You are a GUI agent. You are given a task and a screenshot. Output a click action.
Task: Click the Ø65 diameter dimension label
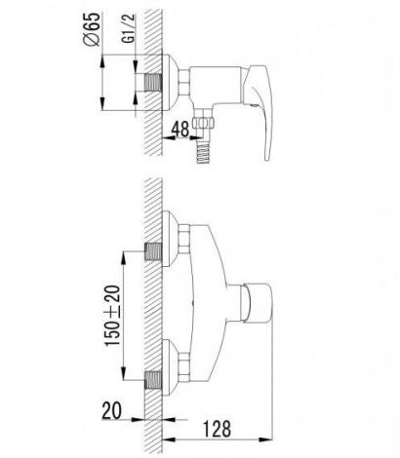[x=92, y=29]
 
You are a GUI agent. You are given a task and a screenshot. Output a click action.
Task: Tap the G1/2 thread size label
[x=129, y=28]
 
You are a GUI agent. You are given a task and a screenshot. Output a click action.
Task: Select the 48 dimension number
[x=180, y=129]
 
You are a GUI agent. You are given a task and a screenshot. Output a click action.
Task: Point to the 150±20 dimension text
[x=112, y=316]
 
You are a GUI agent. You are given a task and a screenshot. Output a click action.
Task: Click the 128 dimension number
[x=217, y=429]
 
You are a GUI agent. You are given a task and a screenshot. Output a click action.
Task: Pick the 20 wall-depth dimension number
[x=111, y=410]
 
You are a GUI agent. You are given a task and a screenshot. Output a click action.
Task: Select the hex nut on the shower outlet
[x=203, y=123]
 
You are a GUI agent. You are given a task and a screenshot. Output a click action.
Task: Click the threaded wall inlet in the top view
[x=153, y=83]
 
